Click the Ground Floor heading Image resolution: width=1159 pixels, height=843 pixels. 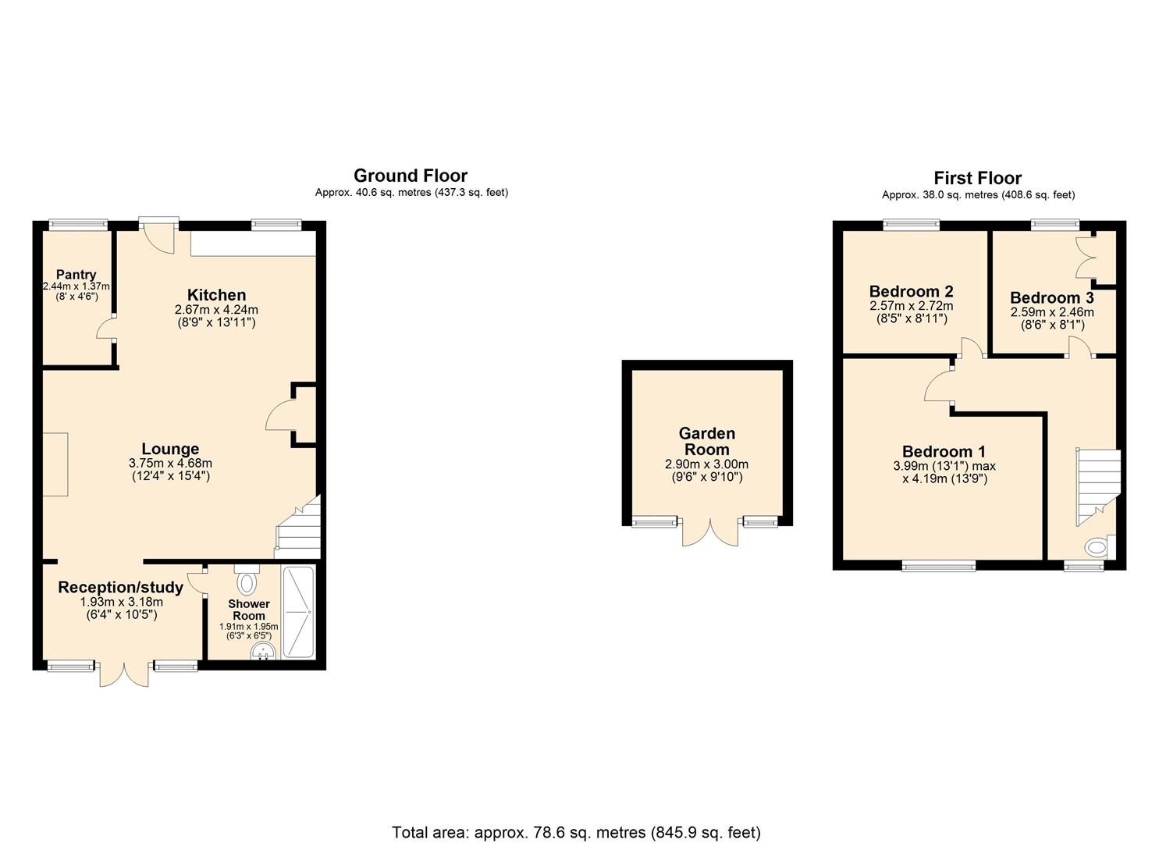[x=411, y=176]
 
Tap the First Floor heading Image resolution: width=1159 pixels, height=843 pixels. [x=977, y=179]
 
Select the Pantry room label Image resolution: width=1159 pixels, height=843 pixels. [x=76, y=275]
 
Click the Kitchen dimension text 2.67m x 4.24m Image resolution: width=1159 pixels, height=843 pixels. [x=216, y=310]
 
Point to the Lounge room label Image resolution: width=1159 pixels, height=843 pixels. [x=170, y=449]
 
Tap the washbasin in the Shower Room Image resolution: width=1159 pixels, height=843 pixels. [x=263, y=652]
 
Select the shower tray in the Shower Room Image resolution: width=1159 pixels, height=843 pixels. [x=297, y=612]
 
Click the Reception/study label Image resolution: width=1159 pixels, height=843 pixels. [x=120, y=588]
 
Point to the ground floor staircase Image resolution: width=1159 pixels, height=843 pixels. [x=298, y=528]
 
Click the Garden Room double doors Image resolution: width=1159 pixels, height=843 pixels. [x=710, y=531]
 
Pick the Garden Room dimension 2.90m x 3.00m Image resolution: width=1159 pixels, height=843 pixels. [x=707, y=464]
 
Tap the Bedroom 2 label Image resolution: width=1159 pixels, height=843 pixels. [x=911, y=291]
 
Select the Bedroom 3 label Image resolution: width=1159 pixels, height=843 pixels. [x=1052, y=298]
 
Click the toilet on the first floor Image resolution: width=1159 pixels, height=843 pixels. [x=1100, y=546]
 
